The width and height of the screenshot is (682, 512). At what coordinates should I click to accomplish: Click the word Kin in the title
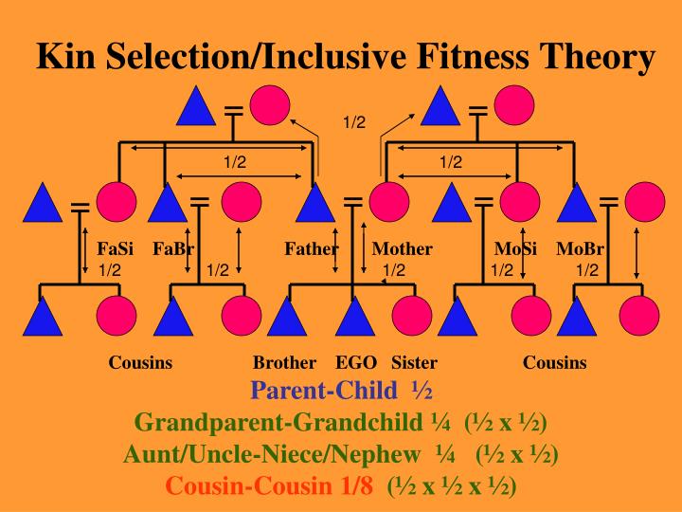pos(65,58)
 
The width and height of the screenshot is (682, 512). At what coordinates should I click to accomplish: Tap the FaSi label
pos(116,249)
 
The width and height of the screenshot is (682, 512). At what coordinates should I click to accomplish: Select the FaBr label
pos(173,249)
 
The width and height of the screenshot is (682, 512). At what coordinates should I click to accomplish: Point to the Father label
pos(312,249)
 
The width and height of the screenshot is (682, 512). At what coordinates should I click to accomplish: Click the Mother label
pos(402,249)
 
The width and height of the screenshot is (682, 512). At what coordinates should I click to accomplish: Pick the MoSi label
pos(516,249)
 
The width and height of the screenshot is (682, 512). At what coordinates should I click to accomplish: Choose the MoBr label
pos(581,249)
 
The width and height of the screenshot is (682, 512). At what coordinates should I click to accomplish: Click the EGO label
pos(356,362)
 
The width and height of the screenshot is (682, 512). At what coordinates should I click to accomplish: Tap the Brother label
pos(284,362)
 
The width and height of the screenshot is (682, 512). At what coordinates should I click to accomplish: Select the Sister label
pos(414,362)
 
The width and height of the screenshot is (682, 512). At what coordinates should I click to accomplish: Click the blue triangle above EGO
pos(354,318)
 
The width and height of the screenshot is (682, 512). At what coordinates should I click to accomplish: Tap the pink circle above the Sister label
pos(411,317)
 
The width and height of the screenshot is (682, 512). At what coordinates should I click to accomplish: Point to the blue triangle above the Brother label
pos(285,318)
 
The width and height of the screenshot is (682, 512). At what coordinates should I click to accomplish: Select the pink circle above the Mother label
pos(388,201)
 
